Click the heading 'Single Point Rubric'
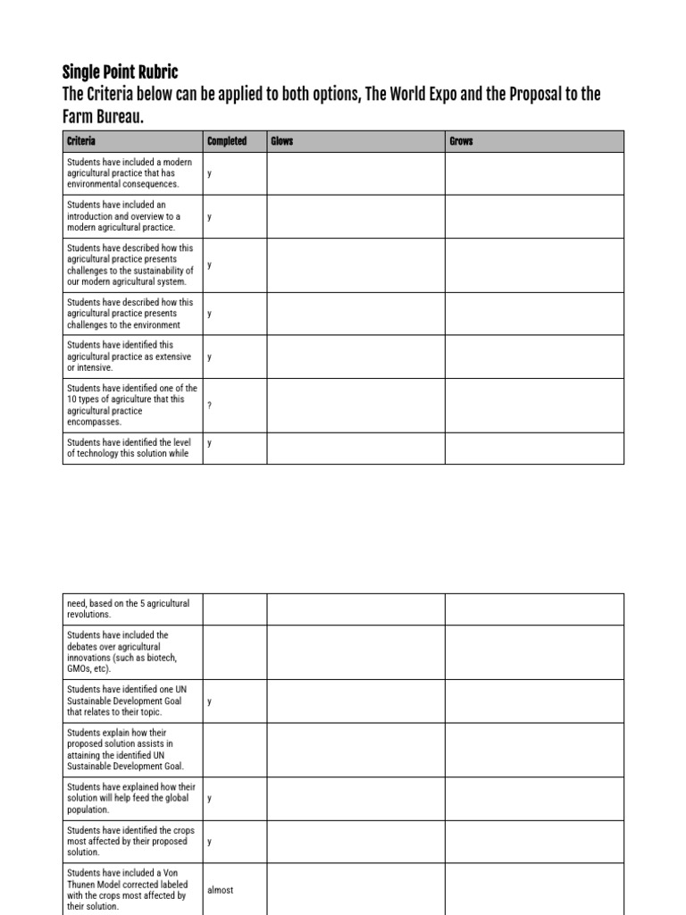(x=120, y=71)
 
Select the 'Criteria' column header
(x=81, y=142)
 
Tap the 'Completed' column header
(x=227, y=142)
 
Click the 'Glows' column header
(x=282, y=142)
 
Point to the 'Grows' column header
(x=461, y=142)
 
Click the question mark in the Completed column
(x=210, y=406)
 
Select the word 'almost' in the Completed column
(x=220, y=890)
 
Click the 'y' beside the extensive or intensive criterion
(x=210, y=357)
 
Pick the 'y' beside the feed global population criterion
(x=210, y=798)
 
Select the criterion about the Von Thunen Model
(x=127, y=889)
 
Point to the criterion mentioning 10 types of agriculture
(x=131, y=405)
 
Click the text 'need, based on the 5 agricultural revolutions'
(x=128, y=609)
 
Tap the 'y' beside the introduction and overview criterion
(x=210, y=216)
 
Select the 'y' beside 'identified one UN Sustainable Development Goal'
(x=210, y=701)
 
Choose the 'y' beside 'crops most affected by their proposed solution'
(x=210, y=841)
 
